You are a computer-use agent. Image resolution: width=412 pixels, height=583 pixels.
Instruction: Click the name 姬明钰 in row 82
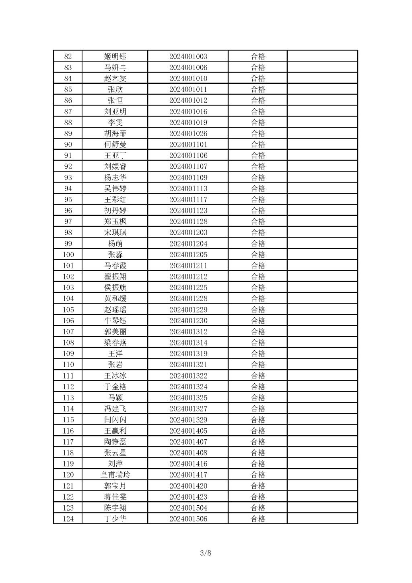115,56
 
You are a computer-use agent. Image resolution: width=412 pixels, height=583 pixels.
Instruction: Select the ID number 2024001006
188,67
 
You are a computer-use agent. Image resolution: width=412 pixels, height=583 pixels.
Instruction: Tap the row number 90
68,145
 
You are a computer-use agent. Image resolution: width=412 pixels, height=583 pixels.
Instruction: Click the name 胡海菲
115,133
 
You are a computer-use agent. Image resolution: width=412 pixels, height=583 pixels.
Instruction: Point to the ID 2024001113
188,188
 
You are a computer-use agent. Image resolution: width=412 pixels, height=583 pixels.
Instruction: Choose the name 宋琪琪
115,232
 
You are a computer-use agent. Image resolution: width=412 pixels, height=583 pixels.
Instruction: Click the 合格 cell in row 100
258,254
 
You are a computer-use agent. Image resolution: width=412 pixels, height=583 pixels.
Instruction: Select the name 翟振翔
115,277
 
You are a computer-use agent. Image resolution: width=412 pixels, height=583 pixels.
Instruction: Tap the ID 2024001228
188,298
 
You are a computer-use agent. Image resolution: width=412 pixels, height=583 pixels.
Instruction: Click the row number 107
68,331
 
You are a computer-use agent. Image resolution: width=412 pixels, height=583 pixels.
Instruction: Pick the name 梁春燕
115,343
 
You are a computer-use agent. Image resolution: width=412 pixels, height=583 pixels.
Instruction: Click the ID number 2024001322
188,376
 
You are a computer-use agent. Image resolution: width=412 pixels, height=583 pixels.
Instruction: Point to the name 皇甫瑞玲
115,475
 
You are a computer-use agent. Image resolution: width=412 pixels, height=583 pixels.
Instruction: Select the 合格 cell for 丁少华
258,519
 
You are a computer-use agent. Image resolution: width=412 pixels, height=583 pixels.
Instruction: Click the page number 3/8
206,553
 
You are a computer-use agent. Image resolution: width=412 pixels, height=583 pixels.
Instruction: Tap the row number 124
68,519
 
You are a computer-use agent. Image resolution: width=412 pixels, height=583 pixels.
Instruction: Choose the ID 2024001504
188,508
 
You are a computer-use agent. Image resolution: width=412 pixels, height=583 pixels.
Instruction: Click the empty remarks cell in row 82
322,56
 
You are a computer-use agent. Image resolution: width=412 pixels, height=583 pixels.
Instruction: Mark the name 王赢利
115,431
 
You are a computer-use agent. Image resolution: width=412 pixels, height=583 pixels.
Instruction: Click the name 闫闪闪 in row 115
115,420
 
